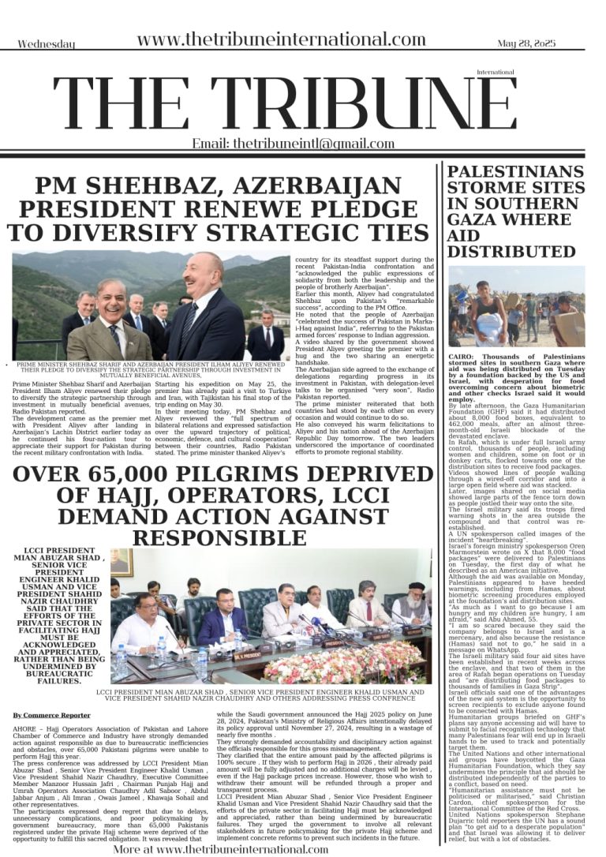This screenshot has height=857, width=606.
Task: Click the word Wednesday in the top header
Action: [x=47, y=44]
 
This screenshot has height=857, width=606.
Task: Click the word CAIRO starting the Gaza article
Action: [x=463, y=357]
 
